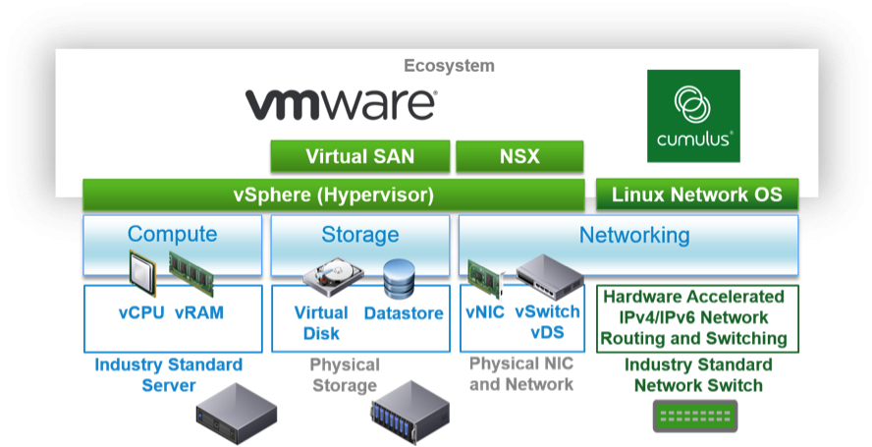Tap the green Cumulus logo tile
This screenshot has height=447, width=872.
[693, 115]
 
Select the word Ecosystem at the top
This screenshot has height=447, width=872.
[449, 66]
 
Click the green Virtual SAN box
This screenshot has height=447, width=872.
[359, 156]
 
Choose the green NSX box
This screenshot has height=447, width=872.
[519, 156]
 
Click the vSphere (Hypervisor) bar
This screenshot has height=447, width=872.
[334, 195]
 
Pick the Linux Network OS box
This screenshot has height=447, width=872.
[697, 195]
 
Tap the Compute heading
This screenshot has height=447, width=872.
[172, 235]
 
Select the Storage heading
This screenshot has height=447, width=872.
[359, 235]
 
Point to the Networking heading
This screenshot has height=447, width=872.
[633, 235]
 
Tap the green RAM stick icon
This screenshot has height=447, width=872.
[191, 269]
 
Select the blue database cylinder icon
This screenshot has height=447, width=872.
[400, 279]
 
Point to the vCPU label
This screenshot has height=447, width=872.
[141, 313]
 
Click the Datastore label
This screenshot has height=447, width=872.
[404, 313]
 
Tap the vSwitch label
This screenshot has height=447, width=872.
[547, 311]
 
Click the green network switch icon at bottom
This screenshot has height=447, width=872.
[695, 419]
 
